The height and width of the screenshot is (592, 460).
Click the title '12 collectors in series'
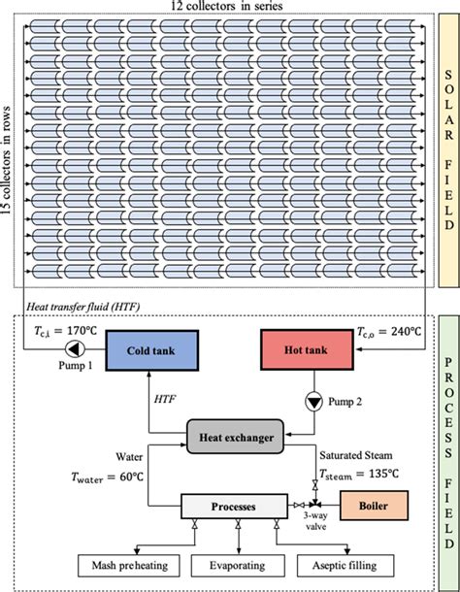pos(228,8)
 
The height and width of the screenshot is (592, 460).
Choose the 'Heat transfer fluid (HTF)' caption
pos(84,307)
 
